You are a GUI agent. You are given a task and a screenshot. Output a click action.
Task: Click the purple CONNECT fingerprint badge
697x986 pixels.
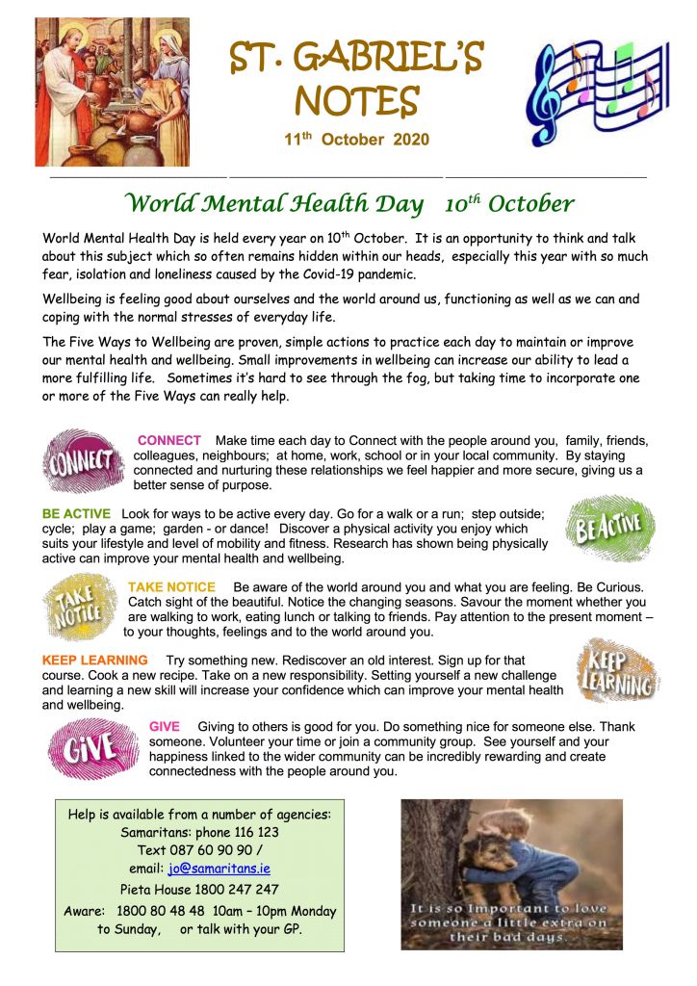tap(83, 459)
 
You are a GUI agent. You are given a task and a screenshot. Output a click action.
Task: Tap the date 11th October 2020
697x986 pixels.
tap(356, 140)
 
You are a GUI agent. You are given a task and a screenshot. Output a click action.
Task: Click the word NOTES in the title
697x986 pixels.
tap(356, 99)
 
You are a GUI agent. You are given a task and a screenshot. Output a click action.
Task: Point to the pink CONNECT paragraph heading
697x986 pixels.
tap(169, 440)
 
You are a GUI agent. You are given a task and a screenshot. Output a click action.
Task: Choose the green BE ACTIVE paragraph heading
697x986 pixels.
tap(76, 514)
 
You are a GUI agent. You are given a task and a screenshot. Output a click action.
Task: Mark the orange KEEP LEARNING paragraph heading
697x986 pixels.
tap(95, 661)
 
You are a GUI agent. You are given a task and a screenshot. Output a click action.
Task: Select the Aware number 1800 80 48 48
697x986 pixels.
tap(160, 911)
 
